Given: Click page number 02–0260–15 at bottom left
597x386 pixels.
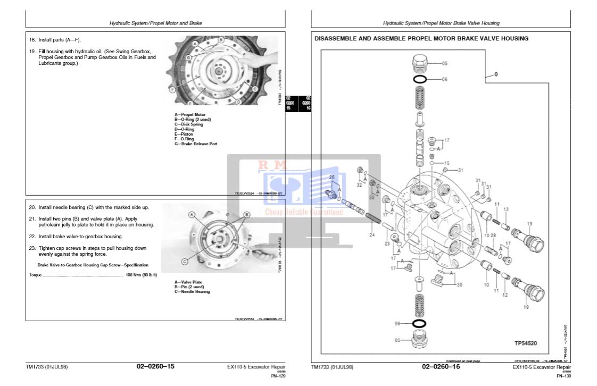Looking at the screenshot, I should tap(155, 367).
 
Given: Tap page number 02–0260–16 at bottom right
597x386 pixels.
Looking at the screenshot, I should tap(441, 367).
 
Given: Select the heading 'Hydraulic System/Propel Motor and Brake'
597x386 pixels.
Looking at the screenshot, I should tap(155, 23).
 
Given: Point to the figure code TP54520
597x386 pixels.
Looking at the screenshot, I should tap(526, 343).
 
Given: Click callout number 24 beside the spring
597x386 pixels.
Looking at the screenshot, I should tap(372, 234).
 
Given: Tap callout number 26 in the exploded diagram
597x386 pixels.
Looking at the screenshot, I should tap(331, 177).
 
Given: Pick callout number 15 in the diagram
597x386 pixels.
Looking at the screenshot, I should tap(446, 163).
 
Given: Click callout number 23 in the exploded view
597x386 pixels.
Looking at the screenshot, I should tap(386, 244).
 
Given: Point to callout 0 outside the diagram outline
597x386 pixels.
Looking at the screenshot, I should tap(496, 74).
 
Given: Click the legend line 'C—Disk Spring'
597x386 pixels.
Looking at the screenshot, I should tap(189, 124).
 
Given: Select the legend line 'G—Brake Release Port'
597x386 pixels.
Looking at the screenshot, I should tap(196, 144).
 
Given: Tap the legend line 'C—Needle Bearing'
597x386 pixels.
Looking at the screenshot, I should tap(192, 291).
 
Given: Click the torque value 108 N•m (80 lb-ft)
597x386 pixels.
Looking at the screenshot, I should tap(137, 275).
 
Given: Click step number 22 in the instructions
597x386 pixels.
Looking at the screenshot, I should tap(32, 236).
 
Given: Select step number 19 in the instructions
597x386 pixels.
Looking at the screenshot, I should tap(32, 52).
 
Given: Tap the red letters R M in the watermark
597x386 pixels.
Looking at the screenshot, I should tap(272, 165).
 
